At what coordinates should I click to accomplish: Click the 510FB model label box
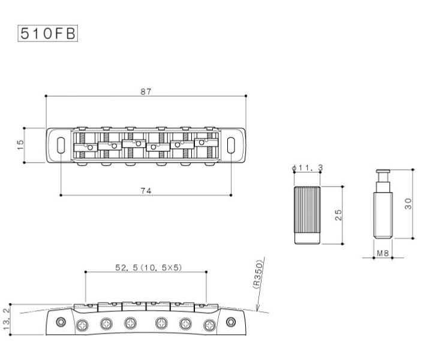[x=48, y=34]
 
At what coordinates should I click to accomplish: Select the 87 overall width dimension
[x=146, y=92]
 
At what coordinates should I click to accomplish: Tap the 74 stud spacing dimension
[x=146, y=191]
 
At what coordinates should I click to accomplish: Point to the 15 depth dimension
[x=20, y=145]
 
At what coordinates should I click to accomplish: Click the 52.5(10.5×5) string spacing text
[x=149, y=268]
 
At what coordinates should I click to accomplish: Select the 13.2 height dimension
[x=6, y=319]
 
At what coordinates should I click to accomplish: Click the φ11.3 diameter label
[x=307, y=168]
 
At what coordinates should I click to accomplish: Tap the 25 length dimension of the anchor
[x=338, y=215]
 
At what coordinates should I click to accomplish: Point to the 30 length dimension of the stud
[x=408, y=203]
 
